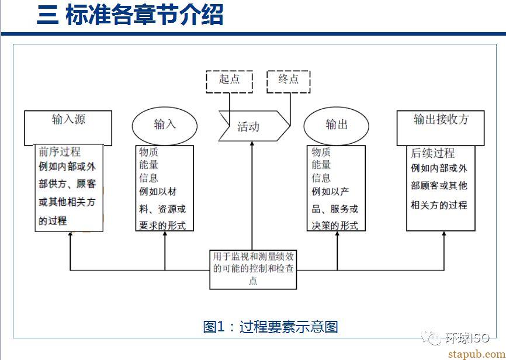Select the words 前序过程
[x=60, y=152]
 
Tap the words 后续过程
[x=432, y=153]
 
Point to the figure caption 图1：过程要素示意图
[x=271, y=327]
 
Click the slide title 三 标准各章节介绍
[x=130, y=15]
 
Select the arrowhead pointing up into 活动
[x=252, y=144]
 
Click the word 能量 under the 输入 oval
[x=149, y=165]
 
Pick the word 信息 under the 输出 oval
[x=321, y=178]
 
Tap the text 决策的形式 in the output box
[x=335, y=226]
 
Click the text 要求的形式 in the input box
[x=162, y=226]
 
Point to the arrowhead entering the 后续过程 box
[x=443, y=234]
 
